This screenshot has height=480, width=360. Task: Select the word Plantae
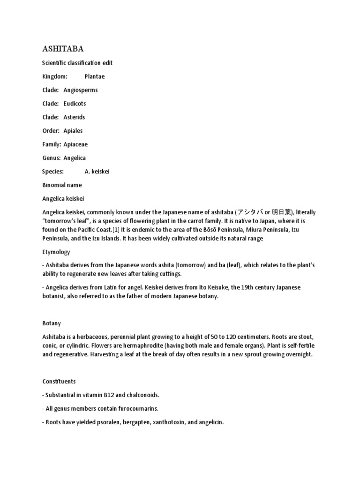[95, 76]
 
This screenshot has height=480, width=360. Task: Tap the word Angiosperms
[81, 90]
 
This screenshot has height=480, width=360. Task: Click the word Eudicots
[75, 103]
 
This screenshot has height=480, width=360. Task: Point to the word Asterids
[74, 117]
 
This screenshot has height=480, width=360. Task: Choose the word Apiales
[73, 130]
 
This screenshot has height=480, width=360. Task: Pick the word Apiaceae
[75, 144]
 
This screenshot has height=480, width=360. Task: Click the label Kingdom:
[55, 76]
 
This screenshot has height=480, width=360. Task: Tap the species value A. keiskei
[97, 172]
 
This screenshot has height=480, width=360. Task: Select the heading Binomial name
[62, 185]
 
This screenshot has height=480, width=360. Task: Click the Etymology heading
[56, 252]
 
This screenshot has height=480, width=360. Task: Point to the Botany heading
[52, 323]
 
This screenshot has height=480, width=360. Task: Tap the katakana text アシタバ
[251, 212]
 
